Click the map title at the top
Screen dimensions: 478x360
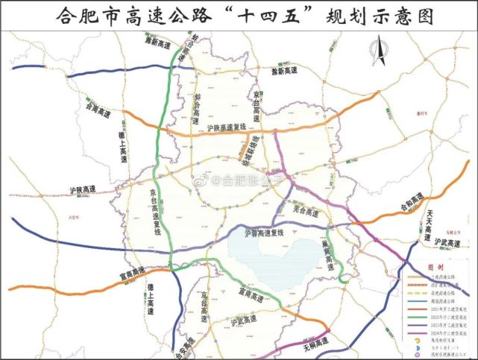[239, 15]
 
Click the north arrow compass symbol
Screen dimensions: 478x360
[377, 51]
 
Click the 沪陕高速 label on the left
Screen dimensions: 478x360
[82, 191]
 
